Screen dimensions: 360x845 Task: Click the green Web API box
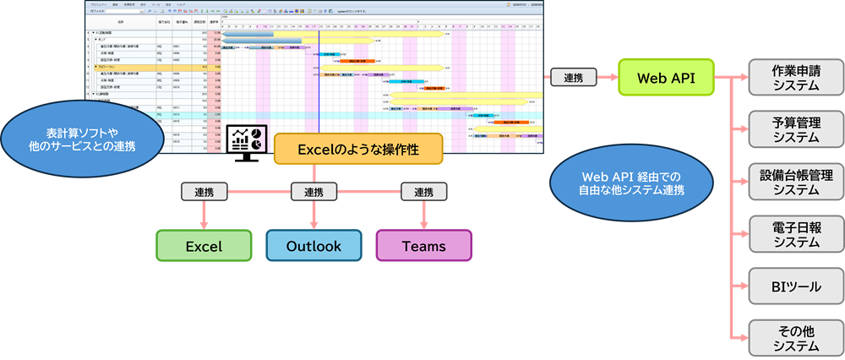point(665,77)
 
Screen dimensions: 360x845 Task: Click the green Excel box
point(204,246)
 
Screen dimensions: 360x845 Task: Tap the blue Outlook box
point(313,246)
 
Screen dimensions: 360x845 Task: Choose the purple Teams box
point(423,246)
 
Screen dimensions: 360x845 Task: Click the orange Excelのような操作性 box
point(358,149)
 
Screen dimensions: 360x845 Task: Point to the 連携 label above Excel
point(204,192)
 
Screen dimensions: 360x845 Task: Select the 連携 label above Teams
point(423,192)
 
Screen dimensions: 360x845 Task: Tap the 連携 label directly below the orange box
point(313,192)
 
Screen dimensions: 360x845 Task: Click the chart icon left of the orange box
point(247,139)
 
